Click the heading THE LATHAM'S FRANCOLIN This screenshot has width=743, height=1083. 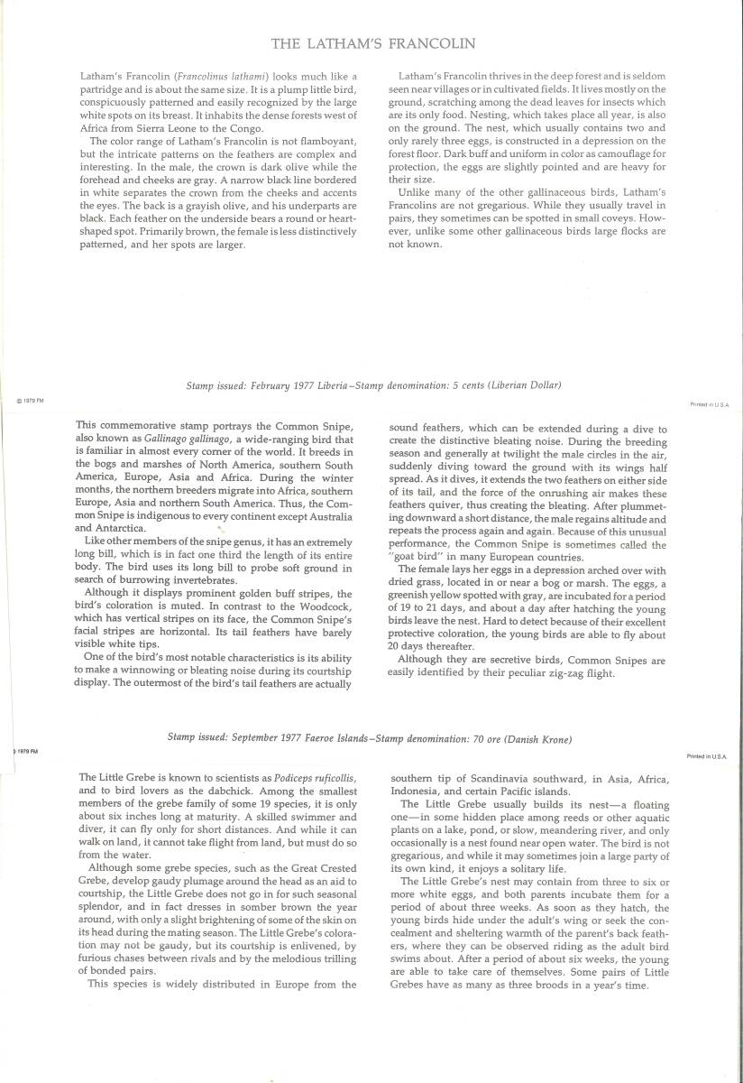pos(372,42)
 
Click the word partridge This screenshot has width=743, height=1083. pos(101,90)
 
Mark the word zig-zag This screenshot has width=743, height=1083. pos(552,673)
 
